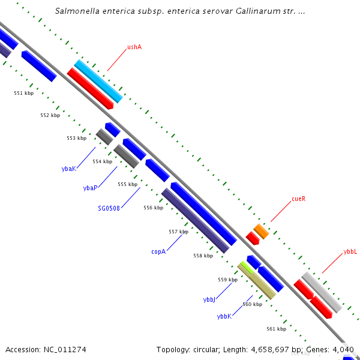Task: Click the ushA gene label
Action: tap(134, 47)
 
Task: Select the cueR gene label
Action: tap(299, 198)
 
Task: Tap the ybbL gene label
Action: tap(350, 251)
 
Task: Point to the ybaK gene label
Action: tap(69, 169)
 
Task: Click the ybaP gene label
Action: tap(90, 188)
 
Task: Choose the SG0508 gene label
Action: tap(109, 208)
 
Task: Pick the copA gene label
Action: tap(158, 251)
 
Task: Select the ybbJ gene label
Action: tap(209, 299)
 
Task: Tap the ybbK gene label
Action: tap(224, 316)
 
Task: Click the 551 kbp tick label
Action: tap(24, 93)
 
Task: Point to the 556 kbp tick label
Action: tap(153, 208)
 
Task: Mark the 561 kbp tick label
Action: tap(276, 328)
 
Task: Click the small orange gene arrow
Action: tap(260, 231)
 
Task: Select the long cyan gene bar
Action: tap(98, 81)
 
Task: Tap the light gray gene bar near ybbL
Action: tap(321, 292)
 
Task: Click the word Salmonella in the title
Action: tap(76, 11)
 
